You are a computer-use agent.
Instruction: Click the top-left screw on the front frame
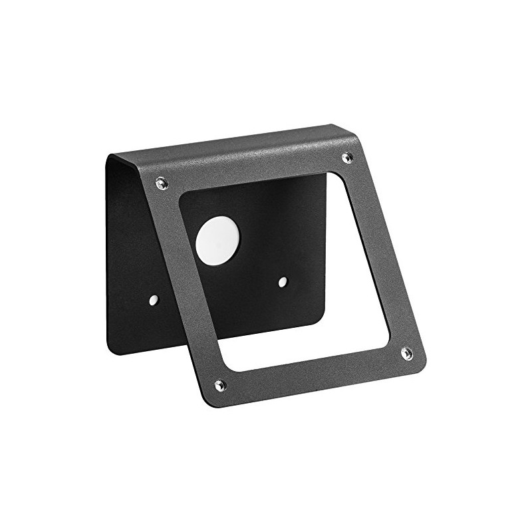coord(162,182)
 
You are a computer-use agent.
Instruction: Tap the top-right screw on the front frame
coord(346,157)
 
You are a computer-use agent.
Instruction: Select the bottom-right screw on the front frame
coord(407,352)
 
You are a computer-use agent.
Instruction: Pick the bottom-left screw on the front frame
coord(220,384)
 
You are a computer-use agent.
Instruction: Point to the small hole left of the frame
coord(154,300)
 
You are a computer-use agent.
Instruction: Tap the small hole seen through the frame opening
coord(283,282)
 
